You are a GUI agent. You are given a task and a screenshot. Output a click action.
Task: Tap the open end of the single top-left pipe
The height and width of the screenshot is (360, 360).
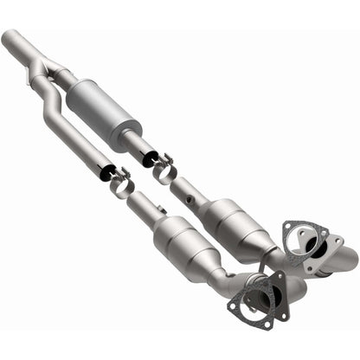(9, 37)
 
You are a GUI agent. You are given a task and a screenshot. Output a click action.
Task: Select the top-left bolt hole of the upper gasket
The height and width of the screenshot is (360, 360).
(289, 228)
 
